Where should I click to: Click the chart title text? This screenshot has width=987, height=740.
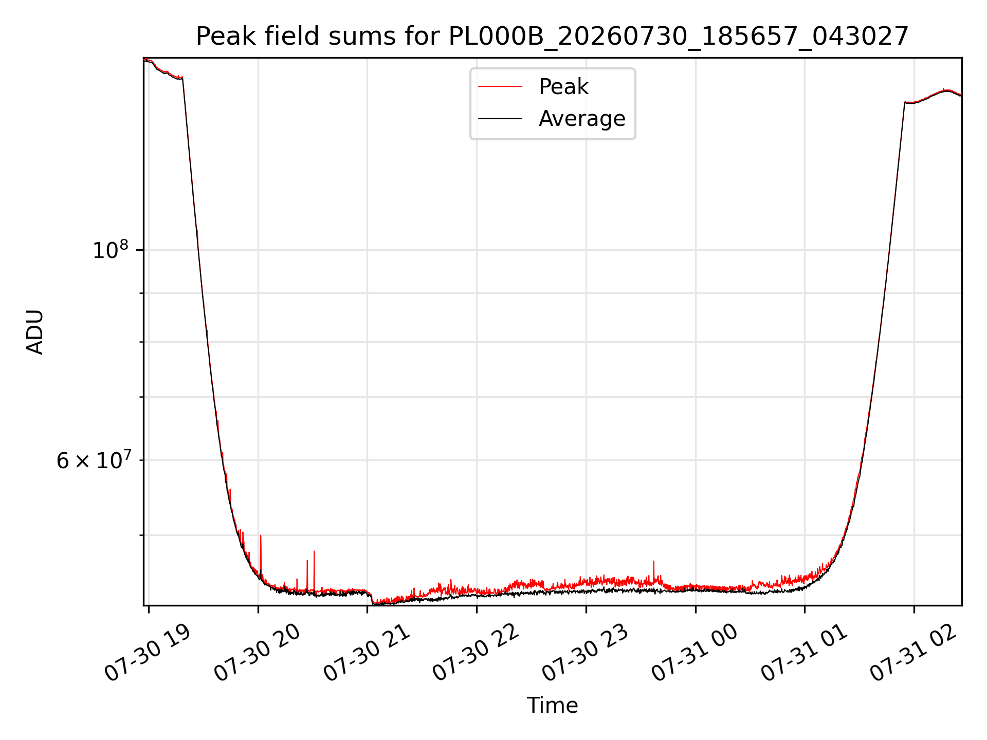[553, 36]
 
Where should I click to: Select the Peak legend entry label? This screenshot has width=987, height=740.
[563, 87]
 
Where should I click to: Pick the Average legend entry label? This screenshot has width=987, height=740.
[582, 119]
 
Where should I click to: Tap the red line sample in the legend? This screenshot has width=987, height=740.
[500, 87]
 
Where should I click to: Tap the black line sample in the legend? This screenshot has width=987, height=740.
[500, 119]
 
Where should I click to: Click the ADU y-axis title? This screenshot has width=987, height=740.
[35, 332]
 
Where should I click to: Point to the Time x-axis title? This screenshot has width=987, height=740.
[553, 706]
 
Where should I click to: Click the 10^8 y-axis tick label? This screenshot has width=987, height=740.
[110, 250]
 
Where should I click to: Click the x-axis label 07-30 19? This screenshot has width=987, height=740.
[148, 653]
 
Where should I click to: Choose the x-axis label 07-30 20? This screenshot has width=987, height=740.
[257, 653]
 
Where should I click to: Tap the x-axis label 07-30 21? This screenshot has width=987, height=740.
[367, 653]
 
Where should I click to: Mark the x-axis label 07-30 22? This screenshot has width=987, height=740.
[476, 653]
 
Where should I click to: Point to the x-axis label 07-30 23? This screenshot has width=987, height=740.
[586, 653]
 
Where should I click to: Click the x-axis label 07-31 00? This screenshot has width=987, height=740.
[695, 653]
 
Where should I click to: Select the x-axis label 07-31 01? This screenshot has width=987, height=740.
[804, 653]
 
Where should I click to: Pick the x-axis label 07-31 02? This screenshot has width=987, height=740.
[913, 653]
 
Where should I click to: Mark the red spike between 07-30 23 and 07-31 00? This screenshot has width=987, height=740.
[653, 570]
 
